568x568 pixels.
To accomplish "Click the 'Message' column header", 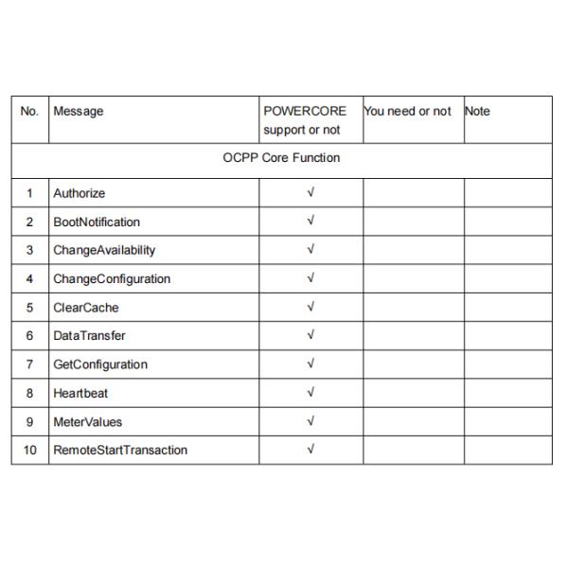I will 79,112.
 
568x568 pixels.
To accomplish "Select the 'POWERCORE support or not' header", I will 305,120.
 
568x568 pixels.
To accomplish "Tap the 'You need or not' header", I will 407,112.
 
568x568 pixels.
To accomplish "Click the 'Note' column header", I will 478,112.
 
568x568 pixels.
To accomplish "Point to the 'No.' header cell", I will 29,112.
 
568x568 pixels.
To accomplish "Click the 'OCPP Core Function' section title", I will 281,158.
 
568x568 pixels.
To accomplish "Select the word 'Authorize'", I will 80,194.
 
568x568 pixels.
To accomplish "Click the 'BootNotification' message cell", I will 97,222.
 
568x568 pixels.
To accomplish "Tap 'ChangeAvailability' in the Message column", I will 104,251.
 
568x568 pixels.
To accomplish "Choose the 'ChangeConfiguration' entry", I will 112,279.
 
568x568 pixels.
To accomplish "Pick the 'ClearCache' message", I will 86,308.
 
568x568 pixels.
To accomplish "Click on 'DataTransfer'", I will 89,336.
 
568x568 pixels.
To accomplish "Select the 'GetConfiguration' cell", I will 100,364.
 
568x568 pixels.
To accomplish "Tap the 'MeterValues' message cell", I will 88,421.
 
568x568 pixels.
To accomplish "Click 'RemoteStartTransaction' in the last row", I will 120,450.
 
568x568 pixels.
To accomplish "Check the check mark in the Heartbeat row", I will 311,392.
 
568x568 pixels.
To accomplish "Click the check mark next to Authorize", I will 311,193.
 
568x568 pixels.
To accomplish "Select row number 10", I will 29,450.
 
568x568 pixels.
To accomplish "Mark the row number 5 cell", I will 29,308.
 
